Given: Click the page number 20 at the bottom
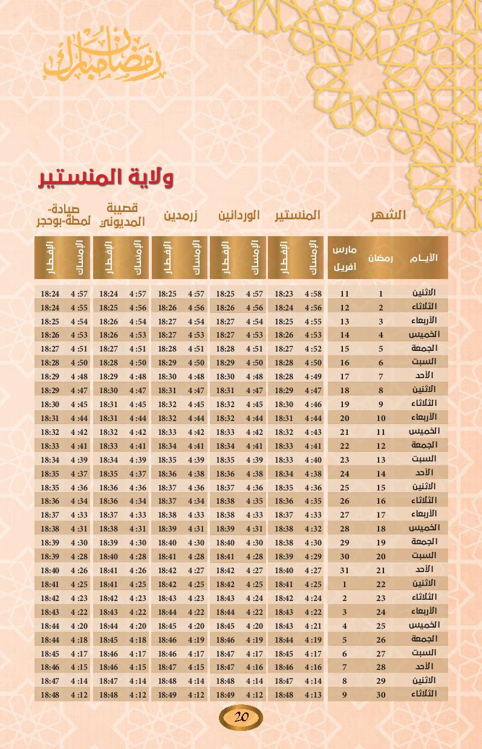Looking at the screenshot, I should (241, 717).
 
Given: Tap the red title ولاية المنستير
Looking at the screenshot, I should (107, 178).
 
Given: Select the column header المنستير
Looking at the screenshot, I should (298, 216).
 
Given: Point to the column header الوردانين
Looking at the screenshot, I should (239, 216).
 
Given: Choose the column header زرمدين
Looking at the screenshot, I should (181, 216).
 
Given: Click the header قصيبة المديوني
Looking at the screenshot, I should (123, 215).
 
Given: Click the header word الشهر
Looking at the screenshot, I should (388, 215).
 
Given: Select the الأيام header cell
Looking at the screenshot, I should (423, 258).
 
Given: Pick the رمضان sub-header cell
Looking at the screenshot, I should (381, 258).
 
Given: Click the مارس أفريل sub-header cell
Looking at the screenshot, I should (345, 258).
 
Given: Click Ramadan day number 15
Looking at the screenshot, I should (381, 487).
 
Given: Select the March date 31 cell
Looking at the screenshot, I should (345, 570).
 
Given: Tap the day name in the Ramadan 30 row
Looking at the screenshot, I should (423, 695).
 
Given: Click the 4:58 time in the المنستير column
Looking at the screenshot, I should (313, 294).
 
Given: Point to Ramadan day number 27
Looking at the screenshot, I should (381, 654).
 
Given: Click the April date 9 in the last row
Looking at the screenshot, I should (345, 695).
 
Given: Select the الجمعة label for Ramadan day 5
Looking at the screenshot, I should (423, 349).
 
